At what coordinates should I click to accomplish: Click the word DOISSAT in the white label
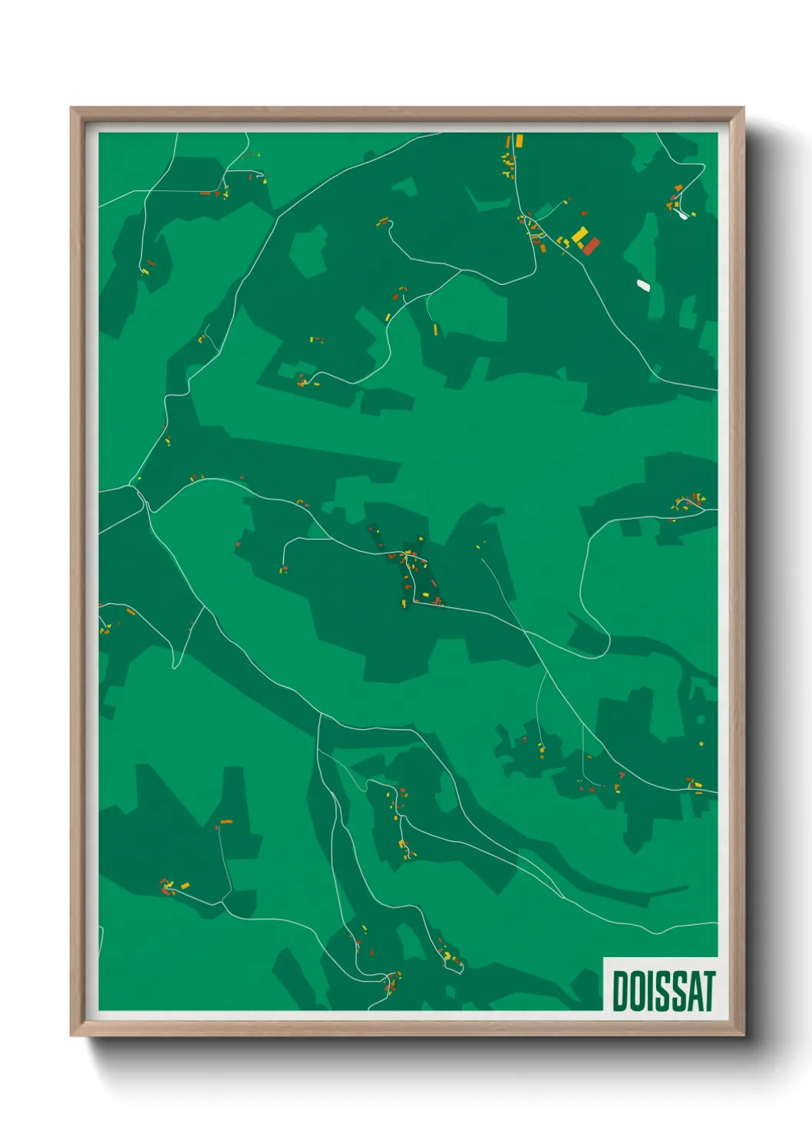[663, 991]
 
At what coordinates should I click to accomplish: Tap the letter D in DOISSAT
[620, 991]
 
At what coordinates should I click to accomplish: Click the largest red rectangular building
[590, 246]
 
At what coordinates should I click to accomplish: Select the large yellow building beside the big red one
[579, 235]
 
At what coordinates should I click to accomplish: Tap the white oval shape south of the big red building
[643, 286]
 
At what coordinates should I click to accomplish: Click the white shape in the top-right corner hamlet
[682, 216]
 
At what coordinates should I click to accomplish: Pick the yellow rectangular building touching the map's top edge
[519, 140]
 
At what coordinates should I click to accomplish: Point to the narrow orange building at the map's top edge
[508, 141]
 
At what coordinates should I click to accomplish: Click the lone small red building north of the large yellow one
[584, 213]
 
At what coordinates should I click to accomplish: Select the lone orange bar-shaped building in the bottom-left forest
[226, 822]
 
